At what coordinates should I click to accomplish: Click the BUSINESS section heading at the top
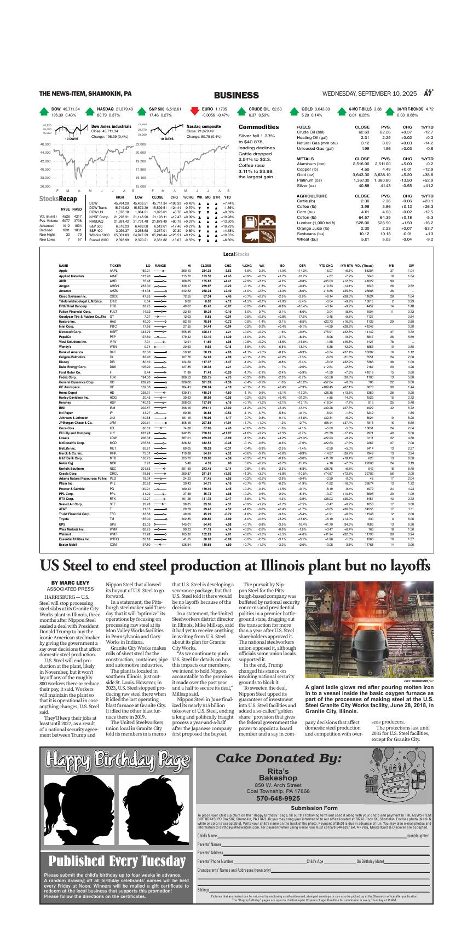[x=236, y=95]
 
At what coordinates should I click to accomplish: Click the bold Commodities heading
[x=255, y=127]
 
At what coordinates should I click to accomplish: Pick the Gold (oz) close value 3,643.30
[x=360, y=174]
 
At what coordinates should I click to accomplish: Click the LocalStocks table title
[x=236, y=255]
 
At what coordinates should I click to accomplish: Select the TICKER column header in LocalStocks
[x=116, y=265]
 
